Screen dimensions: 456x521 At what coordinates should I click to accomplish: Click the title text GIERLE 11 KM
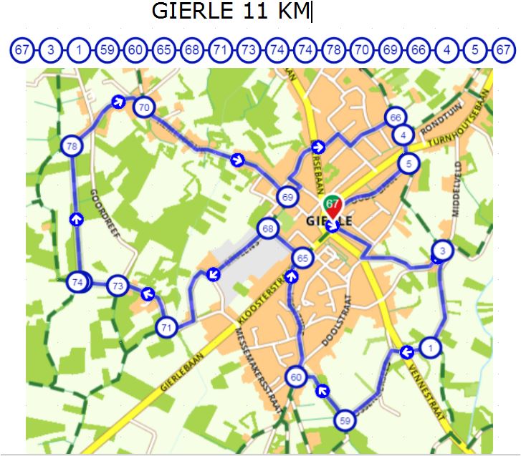232,12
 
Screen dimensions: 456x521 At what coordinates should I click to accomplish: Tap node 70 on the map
145,108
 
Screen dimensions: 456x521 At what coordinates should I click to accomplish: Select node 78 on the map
72,146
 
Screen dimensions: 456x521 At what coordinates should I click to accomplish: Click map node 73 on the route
118,286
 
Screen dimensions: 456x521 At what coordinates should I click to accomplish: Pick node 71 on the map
166,327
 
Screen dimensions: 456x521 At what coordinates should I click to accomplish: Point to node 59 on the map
345,420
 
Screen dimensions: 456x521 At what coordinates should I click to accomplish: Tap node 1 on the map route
429,348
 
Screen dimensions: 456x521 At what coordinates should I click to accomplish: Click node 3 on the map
443,251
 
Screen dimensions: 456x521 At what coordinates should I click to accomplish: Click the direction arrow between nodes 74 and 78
76,218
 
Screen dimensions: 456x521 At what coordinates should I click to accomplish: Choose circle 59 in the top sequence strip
107,51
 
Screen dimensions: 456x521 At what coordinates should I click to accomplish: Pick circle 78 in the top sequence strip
333,51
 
